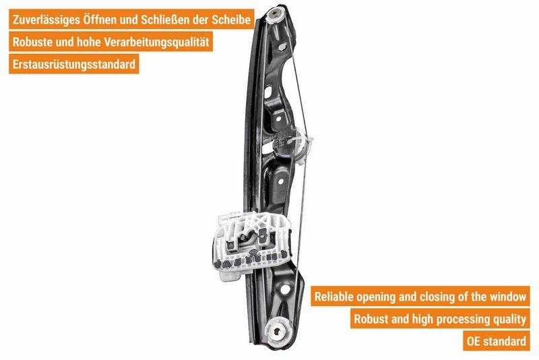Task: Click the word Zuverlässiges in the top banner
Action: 51,20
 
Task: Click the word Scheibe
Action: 233,20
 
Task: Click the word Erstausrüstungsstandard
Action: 75,65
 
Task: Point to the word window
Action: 509,296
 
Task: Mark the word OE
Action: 474,340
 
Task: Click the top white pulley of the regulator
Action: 276,16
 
